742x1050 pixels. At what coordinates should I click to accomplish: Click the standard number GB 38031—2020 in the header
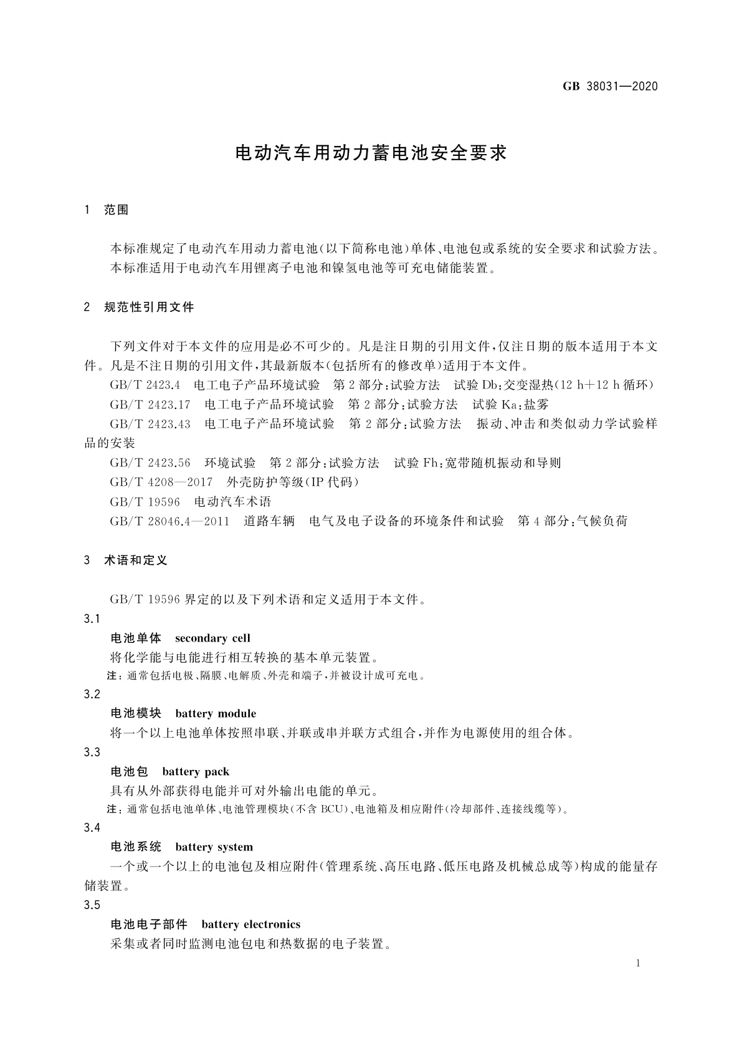[610, 87]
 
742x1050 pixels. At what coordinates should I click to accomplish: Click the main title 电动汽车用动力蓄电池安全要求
[371, 153]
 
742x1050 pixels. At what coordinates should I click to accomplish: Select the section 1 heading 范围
[116, 210]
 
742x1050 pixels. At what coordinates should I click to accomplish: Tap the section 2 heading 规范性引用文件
[149, 307]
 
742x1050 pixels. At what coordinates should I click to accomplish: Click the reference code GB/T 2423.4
[145, 385]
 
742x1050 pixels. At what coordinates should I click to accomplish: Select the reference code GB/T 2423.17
[150, 404]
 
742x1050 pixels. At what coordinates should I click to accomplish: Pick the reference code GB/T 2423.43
[150, 424]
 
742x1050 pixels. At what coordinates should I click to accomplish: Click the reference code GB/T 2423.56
[150, 463]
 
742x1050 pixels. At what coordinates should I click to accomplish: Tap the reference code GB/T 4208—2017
[161, 482]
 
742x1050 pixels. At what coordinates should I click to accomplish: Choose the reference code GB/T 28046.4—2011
[169, 521]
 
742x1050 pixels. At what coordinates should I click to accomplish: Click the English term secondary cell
[212, 638]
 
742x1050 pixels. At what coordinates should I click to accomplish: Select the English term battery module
[216, 713]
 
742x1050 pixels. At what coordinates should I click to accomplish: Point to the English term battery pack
[196, 772]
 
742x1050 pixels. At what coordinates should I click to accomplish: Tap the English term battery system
[214, 847]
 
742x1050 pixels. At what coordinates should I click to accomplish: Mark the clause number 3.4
[92, 828]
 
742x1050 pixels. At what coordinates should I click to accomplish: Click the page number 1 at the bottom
[638, 963]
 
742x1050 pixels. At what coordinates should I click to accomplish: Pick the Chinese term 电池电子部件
[148, 924]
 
